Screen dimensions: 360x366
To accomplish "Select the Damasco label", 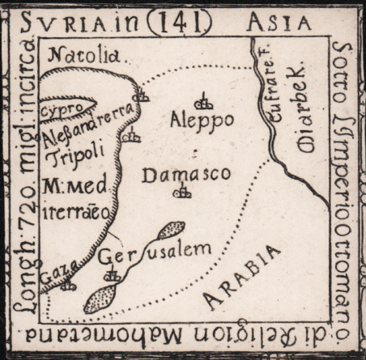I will [x=186, y=174].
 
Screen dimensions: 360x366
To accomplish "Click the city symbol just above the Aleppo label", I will [x=206, y=103].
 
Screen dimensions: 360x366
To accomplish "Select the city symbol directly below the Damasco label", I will [x=185, y=192].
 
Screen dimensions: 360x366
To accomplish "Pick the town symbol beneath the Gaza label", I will [x=69, y=284].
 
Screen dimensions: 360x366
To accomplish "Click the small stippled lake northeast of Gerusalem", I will [x=171, y=231].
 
